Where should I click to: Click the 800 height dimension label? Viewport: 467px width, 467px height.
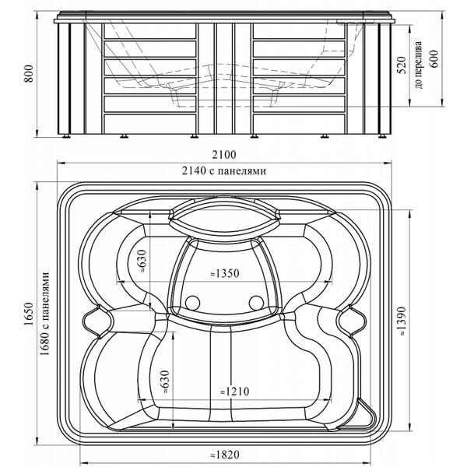coord(29,73)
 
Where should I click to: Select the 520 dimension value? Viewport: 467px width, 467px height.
coord(402,65)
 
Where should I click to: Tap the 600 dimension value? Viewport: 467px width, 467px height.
coord(434,59)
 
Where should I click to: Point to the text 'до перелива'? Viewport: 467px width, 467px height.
coord(419,65)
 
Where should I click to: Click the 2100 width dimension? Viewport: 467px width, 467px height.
coord(224,155)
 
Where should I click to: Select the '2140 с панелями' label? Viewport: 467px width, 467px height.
coord(224,171)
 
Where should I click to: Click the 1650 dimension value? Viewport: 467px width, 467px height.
coord(29,314)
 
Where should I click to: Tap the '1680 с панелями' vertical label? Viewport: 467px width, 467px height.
coord(44,314)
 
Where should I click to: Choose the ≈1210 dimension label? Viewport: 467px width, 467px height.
coord(234,392)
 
